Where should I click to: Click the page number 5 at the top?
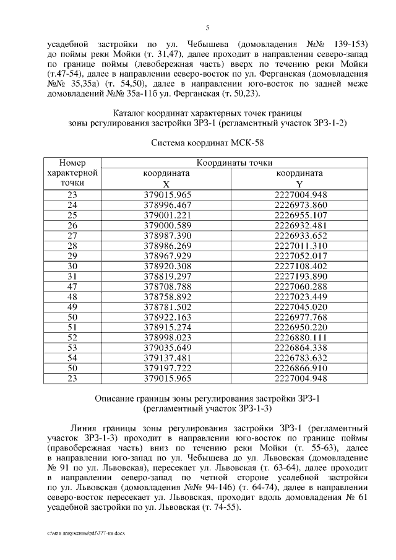207,28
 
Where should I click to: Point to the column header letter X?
165,184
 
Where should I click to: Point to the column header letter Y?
299,184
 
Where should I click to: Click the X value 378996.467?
168,205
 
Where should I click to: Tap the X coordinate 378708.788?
168,286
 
